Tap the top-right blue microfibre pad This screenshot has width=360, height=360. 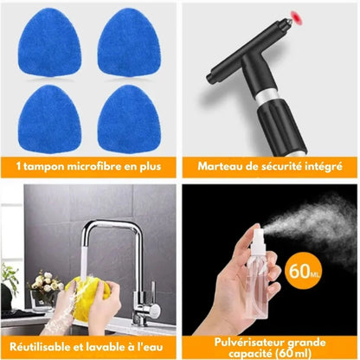coord(127,39)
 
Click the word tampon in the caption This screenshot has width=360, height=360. coord(45,164)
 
